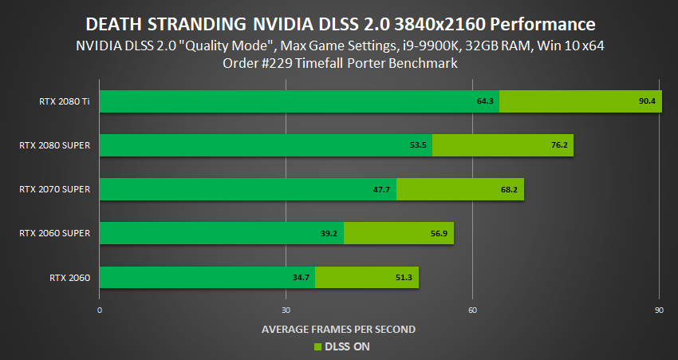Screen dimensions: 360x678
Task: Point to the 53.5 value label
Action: pos(419,145)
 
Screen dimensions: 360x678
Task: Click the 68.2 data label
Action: pos(510,189)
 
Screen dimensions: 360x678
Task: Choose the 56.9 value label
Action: pos(440,234)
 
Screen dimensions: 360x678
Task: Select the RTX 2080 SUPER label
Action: pos(56,145)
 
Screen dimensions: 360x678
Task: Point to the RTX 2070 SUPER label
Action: pos(56,189)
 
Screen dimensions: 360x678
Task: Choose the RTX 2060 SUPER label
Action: pos(56,233)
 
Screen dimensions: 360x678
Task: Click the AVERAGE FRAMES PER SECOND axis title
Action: pos(339,328)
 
